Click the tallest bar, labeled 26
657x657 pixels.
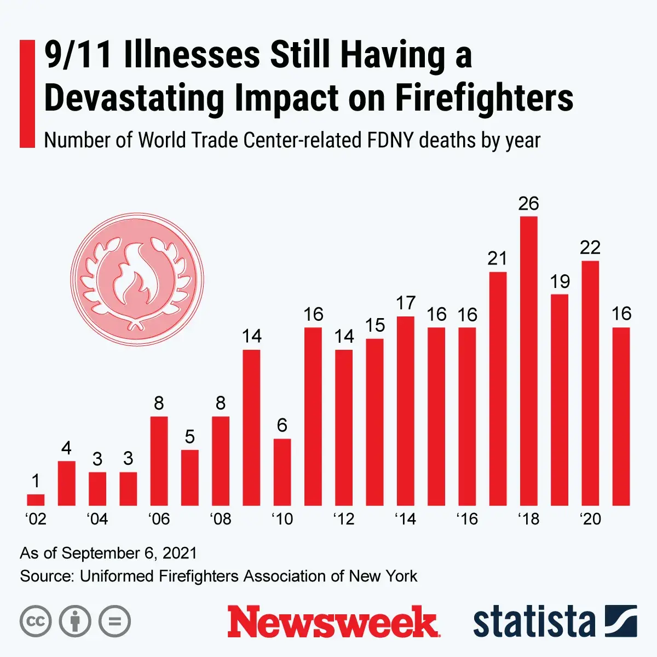(x=528, y=361)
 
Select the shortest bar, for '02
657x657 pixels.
(x=36, y=499)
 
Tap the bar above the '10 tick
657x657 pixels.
(x=282, y=472)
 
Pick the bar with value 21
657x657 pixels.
(x=497, y=389)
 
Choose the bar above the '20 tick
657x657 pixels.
(x=590, y=383)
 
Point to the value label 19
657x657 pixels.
(x=560, y=281)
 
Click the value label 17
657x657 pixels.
(x=406, y=303)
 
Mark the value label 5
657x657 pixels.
(x=189, y=436)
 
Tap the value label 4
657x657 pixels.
(x=66, y=448)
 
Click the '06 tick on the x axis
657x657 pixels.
(x=159, y=518)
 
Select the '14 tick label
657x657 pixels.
(x=405, y=518)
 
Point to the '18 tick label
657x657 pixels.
(x=528, y=518)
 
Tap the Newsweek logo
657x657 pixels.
(x=333, y=621)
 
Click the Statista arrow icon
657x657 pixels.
(x=621, y=621)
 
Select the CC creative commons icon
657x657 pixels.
(x=36, y=621)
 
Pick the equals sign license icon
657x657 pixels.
(x=114, y=621)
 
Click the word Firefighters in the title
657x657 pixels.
(x=484, y=99)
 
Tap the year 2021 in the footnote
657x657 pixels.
(x=180, y=553)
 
